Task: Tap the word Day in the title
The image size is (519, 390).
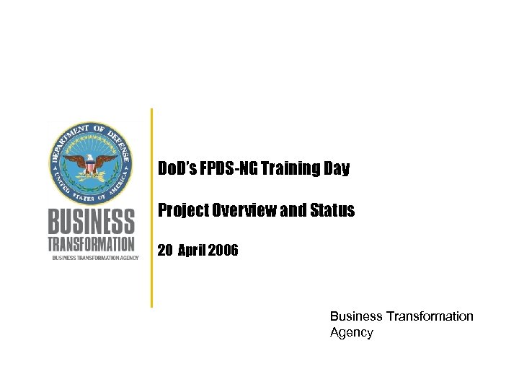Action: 337,170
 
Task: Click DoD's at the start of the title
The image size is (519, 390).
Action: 176,170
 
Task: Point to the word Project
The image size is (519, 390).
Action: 182,210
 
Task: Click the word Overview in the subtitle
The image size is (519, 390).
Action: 240,210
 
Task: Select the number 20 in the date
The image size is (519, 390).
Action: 164,251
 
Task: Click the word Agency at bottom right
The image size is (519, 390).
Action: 351,333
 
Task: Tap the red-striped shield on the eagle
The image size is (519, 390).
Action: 91,167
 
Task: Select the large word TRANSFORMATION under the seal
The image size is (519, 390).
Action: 91,243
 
